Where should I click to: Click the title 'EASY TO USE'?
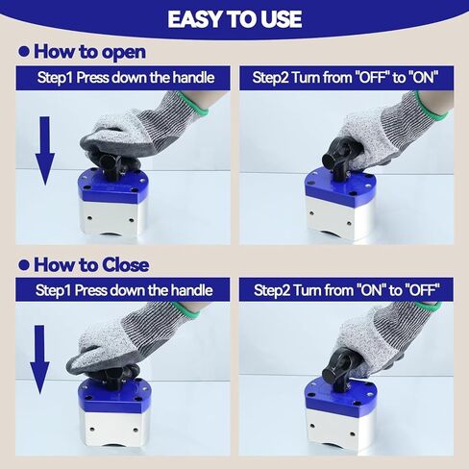point(234,19)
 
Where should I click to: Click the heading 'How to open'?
point(89,52)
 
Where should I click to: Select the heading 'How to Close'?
point(91,265)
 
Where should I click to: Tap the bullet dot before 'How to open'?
point(24,52)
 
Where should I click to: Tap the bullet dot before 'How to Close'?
point(24,265)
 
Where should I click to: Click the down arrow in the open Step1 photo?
point(45,151)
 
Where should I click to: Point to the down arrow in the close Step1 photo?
point(39,359)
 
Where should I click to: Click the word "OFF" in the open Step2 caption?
point(372,78)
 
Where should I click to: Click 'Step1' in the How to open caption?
point(55,78)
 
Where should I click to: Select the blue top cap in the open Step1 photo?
point(112,185)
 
